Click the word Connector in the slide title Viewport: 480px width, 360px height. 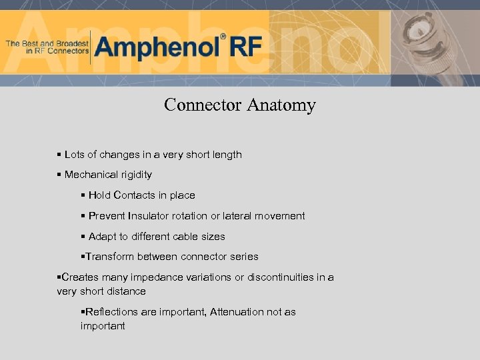[203, 105]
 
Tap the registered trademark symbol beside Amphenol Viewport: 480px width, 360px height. [223, 37]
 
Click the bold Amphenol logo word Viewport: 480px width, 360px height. [157, 47]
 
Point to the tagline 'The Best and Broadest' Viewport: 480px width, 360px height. [47, 43]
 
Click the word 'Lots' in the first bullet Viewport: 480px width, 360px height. [74, 155]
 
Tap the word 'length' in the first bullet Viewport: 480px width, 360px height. [227, 155]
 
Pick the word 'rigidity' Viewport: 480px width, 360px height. [136, 175]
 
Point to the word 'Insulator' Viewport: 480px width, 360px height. [148, 216]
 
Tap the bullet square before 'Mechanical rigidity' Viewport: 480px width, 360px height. [59, 175]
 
